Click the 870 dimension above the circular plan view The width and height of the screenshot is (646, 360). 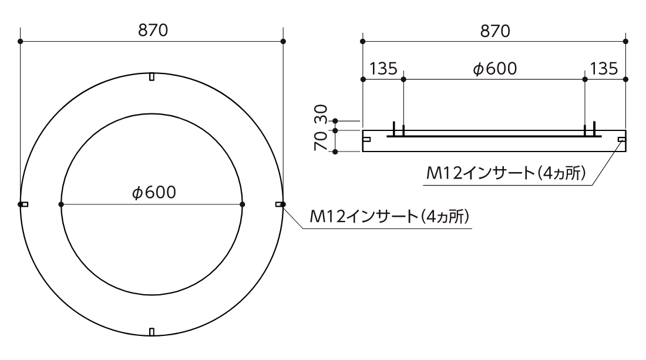click(x=152, y=31)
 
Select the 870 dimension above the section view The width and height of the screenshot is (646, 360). click(x=494, y=31)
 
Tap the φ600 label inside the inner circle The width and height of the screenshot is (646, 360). click(x=152, y=193)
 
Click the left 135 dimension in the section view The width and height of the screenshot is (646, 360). click(x=383, y=69)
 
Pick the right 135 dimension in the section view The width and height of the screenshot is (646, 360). click(x=604, y=69)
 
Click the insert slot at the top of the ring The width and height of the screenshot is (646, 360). click(x=152, y=77)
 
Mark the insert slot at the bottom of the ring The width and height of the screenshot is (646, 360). click(x=152, y=332)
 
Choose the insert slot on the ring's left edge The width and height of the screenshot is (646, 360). click(x=24, y=204)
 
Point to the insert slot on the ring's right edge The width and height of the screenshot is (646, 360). click(x=279, y=204)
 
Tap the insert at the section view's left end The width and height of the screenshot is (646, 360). click(x=366, y=140)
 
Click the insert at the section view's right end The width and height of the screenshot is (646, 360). click(x=622, y=139)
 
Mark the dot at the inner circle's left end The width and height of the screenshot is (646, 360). click(x=61, y=204)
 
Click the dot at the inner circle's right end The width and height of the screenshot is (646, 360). click(x=243, y=204)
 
